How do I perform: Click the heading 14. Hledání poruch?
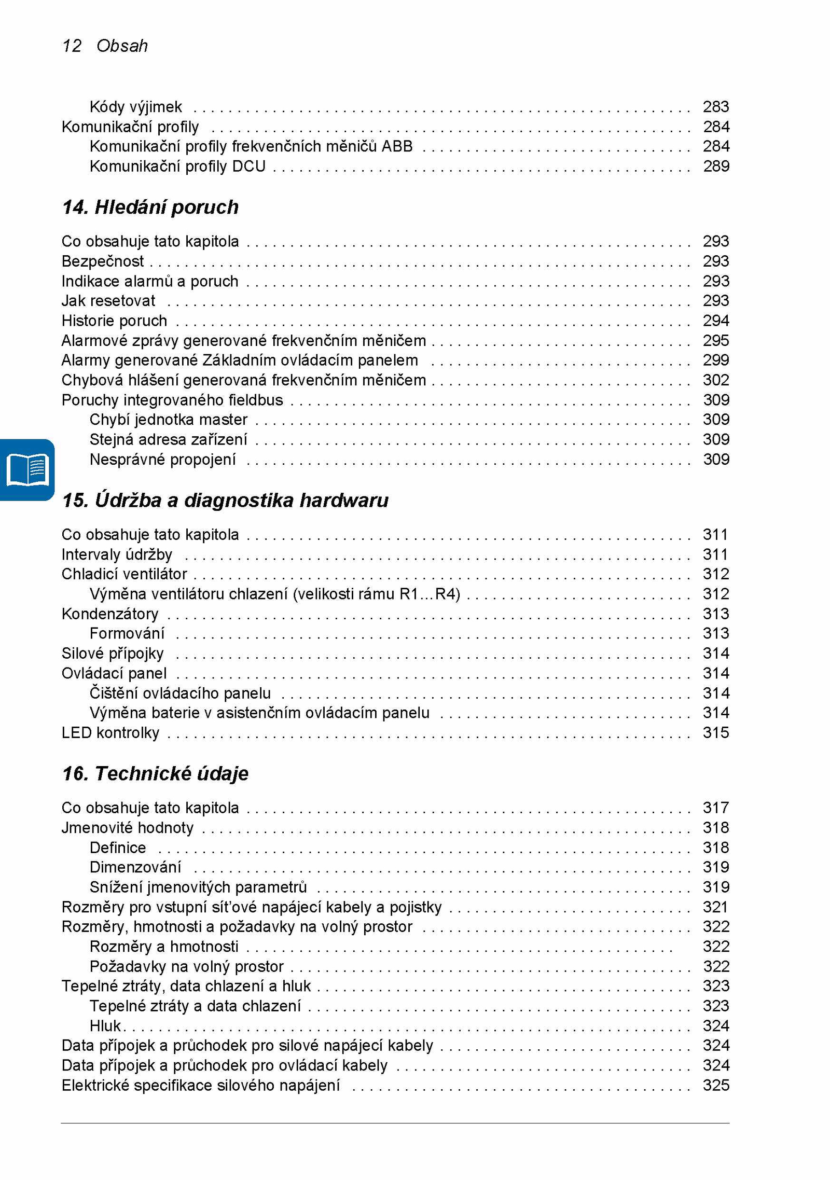[x=150, y=207]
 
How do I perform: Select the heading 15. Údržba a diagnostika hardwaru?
[x=225, y=500]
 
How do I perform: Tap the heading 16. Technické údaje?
[x=155, y=773]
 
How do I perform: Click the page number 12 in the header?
[x=72, y=46]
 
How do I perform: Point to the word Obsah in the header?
[x=122, y=46]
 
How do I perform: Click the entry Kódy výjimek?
[x=135, y=107]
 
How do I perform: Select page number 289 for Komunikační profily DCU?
[x=715, y=166]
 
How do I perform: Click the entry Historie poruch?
[x=114, y=321]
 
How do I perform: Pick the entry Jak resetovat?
[x=108, y=301]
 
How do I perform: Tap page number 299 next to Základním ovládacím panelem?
[x=715, y=360]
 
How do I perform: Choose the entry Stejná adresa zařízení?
[x=168, y=439]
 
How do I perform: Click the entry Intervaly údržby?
[x=117, y=554]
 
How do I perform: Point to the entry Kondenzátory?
[x=110, y=614]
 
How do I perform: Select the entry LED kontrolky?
[x=110, y=732]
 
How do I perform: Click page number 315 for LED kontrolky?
[x=715, y=732]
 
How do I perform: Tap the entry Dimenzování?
[x=135, y=867]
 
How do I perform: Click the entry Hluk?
[x=105, y=1025]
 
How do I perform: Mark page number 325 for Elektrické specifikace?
[x=715, y=1085]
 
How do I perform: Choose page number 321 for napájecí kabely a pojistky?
[x=715, y=907]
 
